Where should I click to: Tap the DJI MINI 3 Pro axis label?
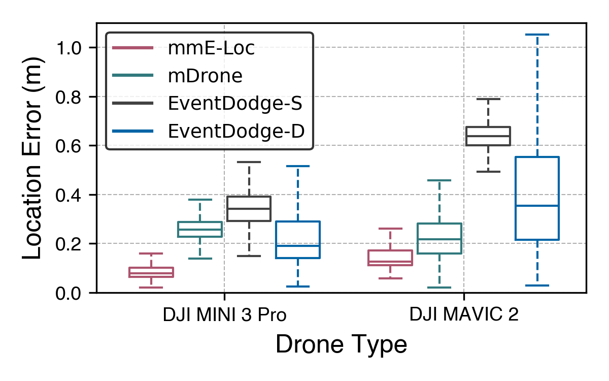click(x=224, y=315)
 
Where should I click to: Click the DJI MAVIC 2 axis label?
click(x=464, y=315)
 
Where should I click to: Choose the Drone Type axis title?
click(x=341, y=345)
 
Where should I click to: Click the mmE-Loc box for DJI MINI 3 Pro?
click(x=151, y=272)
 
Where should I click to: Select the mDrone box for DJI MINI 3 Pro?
click(x=200, y=229)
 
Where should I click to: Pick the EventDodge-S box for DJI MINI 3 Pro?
click(x=249, y=208)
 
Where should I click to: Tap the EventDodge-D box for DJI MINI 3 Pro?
click(x=297, y=240)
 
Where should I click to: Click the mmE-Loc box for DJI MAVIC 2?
click(x=390, y=258)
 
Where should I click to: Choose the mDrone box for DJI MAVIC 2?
click(x=439, y=238)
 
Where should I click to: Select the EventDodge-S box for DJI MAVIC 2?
click(x=488, y=136)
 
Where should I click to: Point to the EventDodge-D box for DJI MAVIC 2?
click(x=537, y=198)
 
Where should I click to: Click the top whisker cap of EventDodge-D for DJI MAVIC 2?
click(x=537, y=35)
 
